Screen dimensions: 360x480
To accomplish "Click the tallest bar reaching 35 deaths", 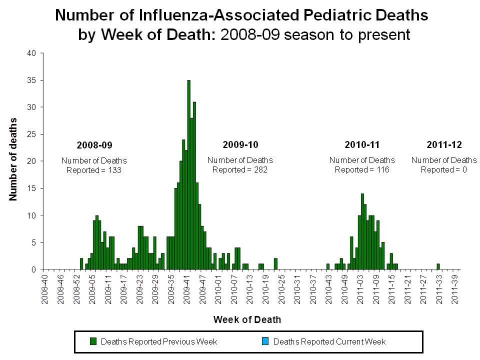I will click(x=189, y=175).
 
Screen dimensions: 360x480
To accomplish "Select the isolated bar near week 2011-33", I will click(x=438, y=267).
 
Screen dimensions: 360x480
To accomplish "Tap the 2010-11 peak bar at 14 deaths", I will click(x=362, y=231).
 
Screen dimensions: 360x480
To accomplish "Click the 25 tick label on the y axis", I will click(x=31, y=134).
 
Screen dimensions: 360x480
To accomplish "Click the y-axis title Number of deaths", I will click(x=13, y=159).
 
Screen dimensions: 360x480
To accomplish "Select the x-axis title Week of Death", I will click(x=247, y=319).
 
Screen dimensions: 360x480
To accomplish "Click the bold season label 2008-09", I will click(x=94, y=145).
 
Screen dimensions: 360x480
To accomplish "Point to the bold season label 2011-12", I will click(x=444, y=145).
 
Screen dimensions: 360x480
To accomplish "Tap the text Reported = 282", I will click(x=240, y=169).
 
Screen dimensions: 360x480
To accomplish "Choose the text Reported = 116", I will click(x=362, y=169).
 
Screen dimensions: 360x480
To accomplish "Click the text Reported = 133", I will click(x=94, y=170).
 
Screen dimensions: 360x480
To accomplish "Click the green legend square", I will click(x=93, y=341).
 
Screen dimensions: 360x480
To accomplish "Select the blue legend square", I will click(x=265, y=341).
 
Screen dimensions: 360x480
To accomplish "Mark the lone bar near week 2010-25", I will click(x=275, y=264).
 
